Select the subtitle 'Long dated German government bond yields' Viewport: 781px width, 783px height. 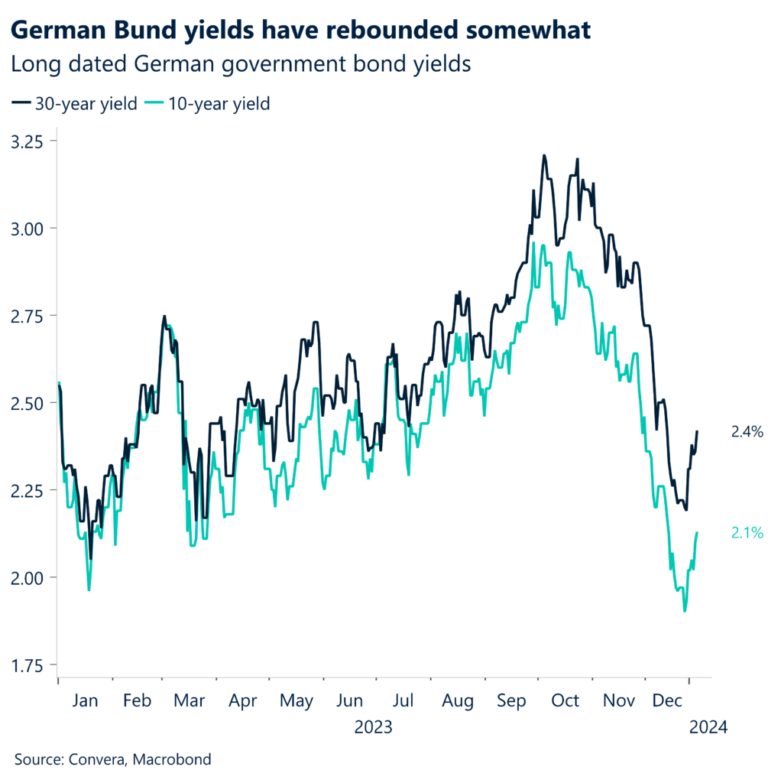[241, 65]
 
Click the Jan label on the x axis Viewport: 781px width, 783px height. [84, 700]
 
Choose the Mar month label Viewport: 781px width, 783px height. [190, 700]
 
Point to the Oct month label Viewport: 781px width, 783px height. [565, 700]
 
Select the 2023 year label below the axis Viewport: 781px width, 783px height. [373, 726]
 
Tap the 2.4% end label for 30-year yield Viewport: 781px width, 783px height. [747, 432]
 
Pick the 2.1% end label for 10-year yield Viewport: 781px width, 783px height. [747, 534]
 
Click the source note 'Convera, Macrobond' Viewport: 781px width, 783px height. [112, 759]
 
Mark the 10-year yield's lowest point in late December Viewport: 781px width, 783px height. [684, 610]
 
